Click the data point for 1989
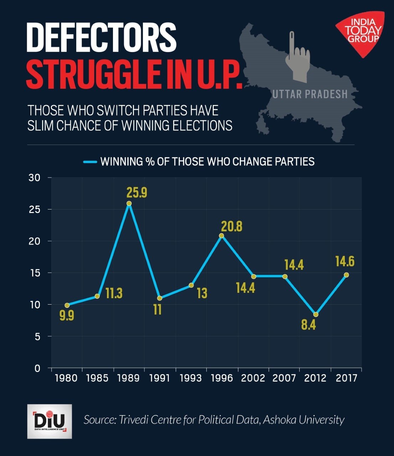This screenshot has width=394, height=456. click(x=129, y=203)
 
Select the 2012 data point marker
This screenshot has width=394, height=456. click(x=316, y=314)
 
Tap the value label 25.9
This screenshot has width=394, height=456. click(x=137, y=193)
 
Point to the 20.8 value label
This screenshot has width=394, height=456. click(x=232, y=227)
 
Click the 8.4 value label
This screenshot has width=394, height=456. click(x=309, y=325)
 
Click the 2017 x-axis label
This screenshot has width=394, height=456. click(x=347, y=378)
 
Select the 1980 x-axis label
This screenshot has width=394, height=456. click(x=66, y=378)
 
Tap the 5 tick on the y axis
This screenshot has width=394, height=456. click(x=37, y=336)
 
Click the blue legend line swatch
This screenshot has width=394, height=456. click(x=90, y=162)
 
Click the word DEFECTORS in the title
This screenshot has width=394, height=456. click(x=102, y=38)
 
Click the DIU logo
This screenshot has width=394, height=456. click(x=50, y=421)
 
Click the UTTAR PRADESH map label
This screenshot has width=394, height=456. click(x=310, y=94)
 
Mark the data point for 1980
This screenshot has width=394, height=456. click(x=67, y=305)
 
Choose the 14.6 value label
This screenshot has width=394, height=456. click(x=345, y=261)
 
